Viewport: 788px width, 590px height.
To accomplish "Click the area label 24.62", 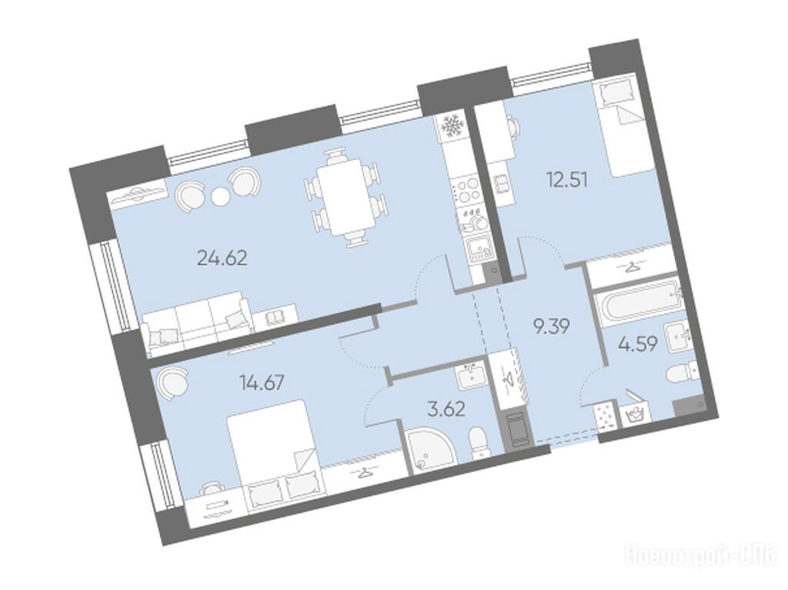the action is [x=222, y=258].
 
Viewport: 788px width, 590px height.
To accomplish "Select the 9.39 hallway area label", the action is [x=551, y=327].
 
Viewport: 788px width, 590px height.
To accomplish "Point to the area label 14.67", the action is [x=262, y=383].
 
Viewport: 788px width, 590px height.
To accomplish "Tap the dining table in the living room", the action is [x=347, y=198].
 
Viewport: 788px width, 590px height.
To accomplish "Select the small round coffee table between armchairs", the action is [x=219, y=196].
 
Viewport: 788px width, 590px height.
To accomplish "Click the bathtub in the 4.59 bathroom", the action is [x=637, y=302].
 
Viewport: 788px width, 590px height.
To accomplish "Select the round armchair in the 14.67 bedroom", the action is [x=173, y=382].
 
